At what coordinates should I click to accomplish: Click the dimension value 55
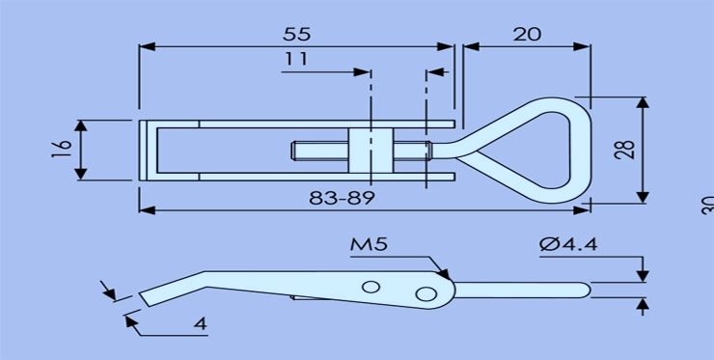(x=296, y=33)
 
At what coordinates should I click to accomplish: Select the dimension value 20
(x=527, y=33)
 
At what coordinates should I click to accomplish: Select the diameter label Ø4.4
(x=570, y=245)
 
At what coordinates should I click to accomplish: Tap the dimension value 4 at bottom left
(x=200, y=323)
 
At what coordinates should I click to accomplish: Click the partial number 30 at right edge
(x=706, y=205)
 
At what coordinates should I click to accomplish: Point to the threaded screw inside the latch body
(x=318, y=151)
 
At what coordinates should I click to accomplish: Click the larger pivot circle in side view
(x=426, y=292)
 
